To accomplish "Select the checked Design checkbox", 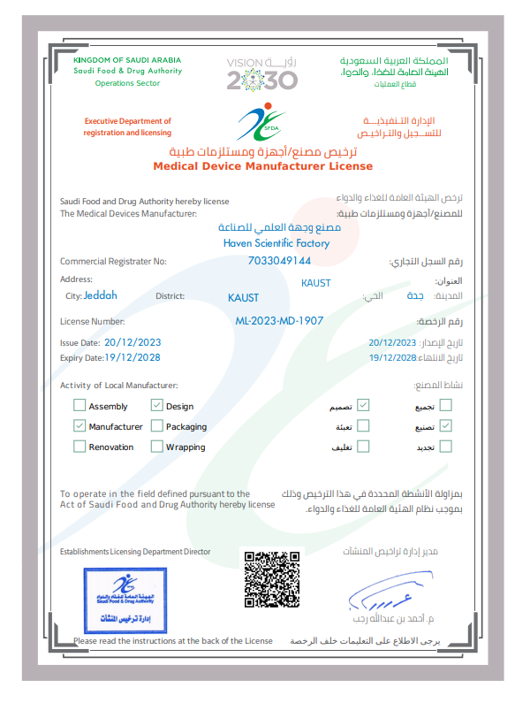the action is (x=157, y=406).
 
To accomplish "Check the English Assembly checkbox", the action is (x=80, y=406).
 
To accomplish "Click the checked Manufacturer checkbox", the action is (x=80, y=426).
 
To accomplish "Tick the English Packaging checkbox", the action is (x=157, y=426).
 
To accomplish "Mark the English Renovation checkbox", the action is (x=80, y=447).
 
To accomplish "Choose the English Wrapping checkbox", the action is (x=157, y=447).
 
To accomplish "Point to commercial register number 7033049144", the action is (x=281, y=261).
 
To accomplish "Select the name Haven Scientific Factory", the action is (x=276, y=242).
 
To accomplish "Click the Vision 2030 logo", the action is (x=262, y=75).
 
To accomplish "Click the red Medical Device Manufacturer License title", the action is (x=262, y=166).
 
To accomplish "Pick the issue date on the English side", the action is (x=133, y=341).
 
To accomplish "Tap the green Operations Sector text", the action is (x=128, y=83).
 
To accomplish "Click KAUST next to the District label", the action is (x=243, y=297).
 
